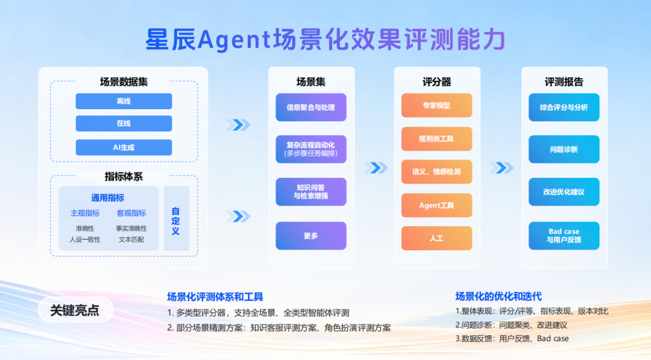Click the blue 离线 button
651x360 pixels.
(x=124, y=101)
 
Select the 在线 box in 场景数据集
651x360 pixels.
(x=124, y=124)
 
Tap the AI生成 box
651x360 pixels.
(x=124, y=147)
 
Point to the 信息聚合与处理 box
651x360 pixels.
(x=311, y=107)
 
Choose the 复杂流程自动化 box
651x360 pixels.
(x=311, y=149)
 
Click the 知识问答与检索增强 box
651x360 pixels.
(x=311, y=192)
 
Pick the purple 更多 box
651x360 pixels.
(x=311, y=236)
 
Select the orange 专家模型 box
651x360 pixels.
(x=436, y=106)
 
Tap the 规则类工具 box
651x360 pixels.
(x=436, y=139)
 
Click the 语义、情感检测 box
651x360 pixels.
(x=436, y=172)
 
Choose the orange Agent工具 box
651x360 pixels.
(x=436, y=206)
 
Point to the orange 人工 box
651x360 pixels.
(x=436, y=238)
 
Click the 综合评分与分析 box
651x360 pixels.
(x=564, y=107)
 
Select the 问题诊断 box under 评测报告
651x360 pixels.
(x=564, y=149)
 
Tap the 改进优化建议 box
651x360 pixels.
(x=564, y=192)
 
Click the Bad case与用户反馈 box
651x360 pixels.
(x=564, y=236)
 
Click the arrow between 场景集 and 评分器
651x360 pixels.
(x=376, y=168)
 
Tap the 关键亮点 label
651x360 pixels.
(x=75, y=310)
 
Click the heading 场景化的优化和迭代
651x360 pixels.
(x=498, y=296)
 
